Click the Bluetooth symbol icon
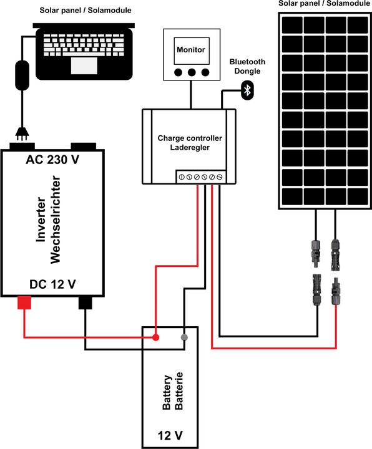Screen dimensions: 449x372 coord(248,91)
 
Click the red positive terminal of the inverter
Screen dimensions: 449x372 coord(24,304)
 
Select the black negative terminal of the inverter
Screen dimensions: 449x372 coord(84,303)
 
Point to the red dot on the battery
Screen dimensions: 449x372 coord(156,337)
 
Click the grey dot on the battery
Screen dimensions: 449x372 coord(184,337)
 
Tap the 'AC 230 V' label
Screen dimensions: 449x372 coord(53,160)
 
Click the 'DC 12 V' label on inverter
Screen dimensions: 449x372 coord(53,284)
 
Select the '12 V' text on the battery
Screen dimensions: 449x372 coord(170,433)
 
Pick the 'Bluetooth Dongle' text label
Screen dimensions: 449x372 coord(247,67)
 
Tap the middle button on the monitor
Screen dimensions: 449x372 coord(191,72)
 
